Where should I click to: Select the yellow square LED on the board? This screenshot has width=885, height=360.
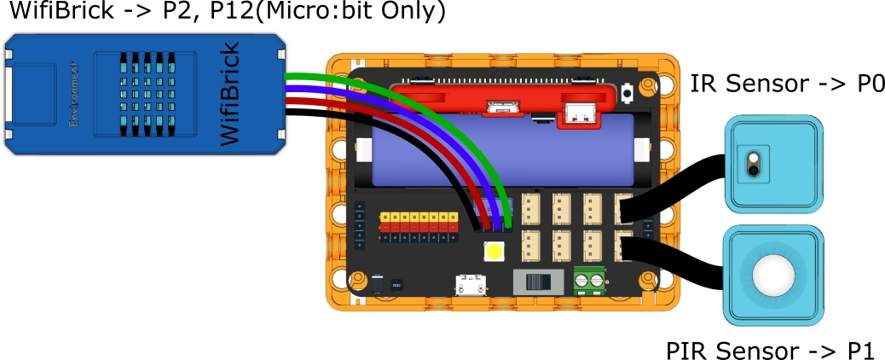(494, 252)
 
